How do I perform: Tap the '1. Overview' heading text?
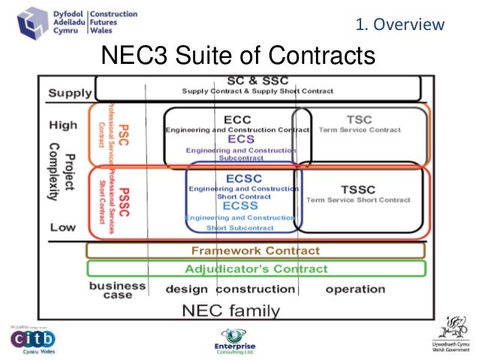[399, 25]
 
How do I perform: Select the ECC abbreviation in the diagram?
[238, 119]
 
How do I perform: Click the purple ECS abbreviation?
[241, 140]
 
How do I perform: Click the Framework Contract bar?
[255, 250]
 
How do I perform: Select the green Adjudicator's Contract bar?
[255, 268]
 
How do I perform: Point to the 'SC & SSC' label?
[258, 80]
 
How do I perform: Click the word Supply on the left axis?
[70, 94]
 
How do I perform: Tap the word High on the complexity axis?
[63, 124]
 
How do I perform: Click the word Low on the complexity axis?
[63, 227]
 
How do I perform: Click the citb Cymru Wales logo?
[32, 339]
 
